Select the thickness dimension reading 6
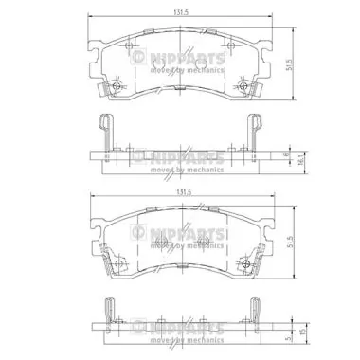[x=287, y=151]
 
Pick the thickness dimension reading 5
[x=287, y=335]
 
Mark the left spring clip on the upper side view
[x=101, y=133]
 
